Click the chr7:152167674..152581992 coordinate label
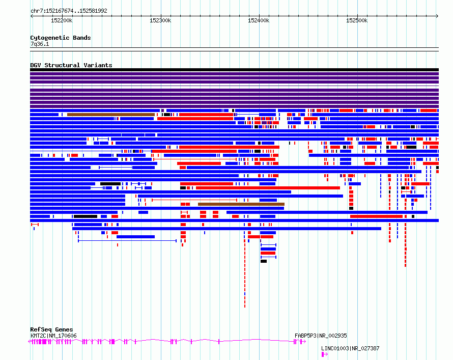coord(69,11)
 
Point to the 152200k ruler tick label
coord(62,20)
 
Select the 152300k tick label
coord(160,20)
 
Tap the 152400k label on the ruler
coord(259,20)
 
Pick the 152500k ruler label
coord(357,20)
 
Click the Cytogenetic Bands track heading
coord(61,38)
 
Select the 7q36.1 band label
coord(40,44)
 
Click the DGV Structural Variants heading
coord(71,65)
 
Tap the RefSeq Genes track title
coord(51,329)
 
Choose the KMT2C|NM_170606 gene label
coord(53,336)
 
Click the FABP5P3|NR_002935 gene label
coord(321,336)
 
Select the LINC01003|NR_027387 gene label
coord(350,348)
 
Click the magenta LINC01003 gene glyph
coord(324,354)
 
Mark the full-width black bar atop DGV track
coord(234,70)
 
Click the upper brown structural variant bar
coord(111,115)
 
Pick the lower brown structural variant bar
coord(241,204)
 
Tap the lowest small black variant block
coord(264,261)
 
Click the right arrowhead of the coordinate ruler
coord(437,16)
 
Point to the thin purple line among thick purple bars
coord(234,86)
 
